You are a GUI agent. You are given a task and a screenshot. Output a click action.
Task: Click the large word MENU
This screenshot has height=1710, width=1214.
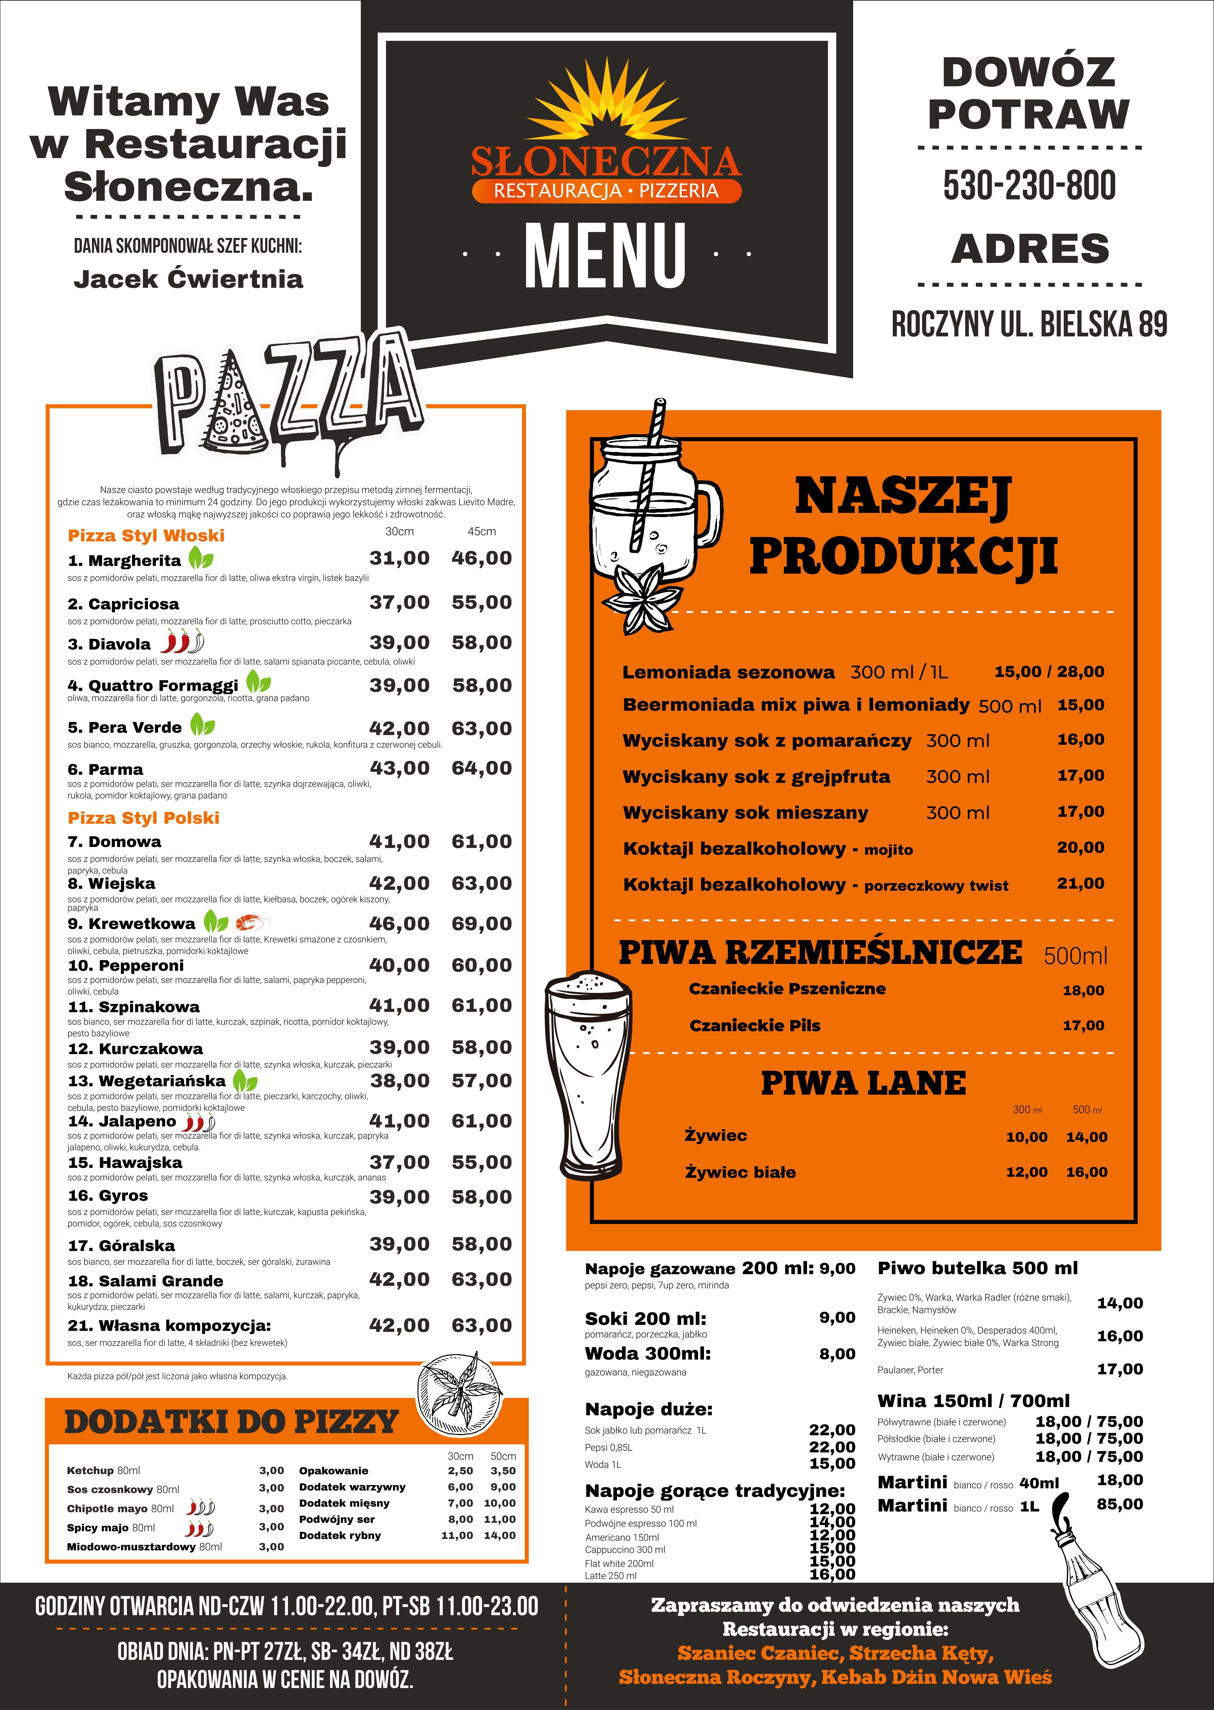click(x=606, y=256)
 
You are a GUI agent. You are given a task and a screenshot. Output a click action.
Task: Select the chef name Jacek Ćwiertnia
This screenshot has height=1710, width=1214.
click(x=188, y=279)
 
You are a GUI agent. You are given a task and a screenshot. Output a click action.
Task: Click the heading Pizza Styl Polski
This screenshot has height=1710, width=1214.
click(x=143, y=818)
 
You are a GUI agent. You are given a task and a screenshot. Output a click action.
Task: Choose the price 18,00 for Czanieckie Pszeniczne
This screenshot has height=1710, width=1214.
click(x=1083, y=991)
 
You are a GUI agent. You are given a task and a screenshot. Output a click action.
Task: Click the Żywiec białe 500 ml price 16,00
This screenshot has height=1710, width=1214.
click(x=1086, y=1173)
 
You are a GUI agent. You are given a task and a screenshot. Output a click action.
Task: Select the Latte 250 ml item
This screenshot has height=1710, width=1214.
click(x=611, y=1575)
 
